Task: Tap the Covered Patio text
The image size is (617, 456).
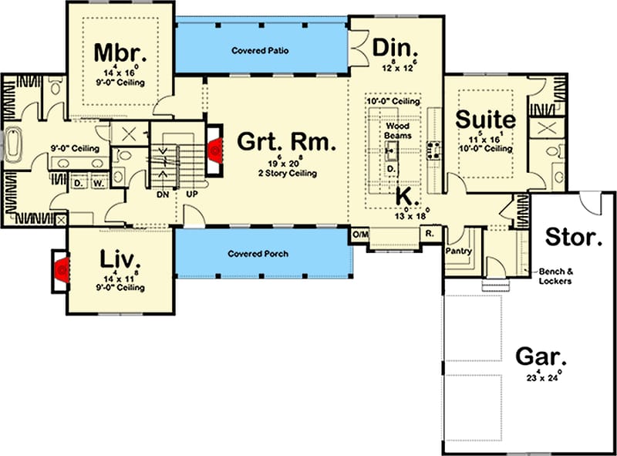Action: point(260,51)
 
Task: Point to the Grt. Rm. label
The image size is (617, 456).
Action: point(286,142)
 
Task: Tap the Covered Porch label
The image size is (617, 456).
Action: point(259,253)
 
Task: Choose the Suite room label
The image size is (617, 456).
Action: point(484,120)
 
